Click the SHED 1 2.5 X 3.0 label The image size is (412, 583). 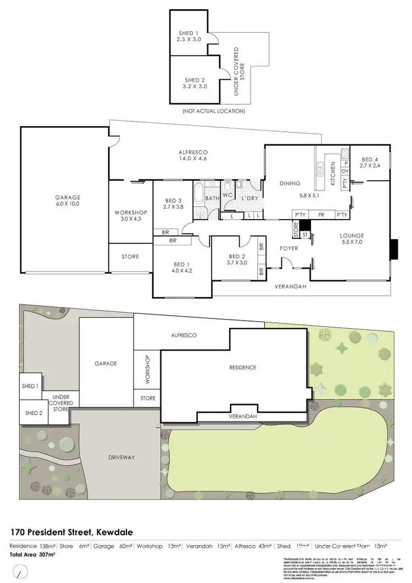(x=188, y=36)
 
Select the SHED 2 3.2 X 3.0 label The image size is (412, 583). (x=192, y=83)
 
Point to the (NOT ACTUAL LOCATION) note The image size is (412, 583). (x=214, y=111)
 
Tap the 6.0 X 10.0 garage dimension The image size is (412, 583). (x=67, y=204)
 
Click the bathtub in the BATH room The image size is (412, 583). (x=198, y=194)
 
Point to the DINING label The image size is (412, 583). (x=290, y=183)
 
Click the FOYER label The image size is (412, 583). (x=289, y=248)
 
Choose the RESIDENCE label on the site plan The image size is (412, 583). (x=242, y=367)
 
